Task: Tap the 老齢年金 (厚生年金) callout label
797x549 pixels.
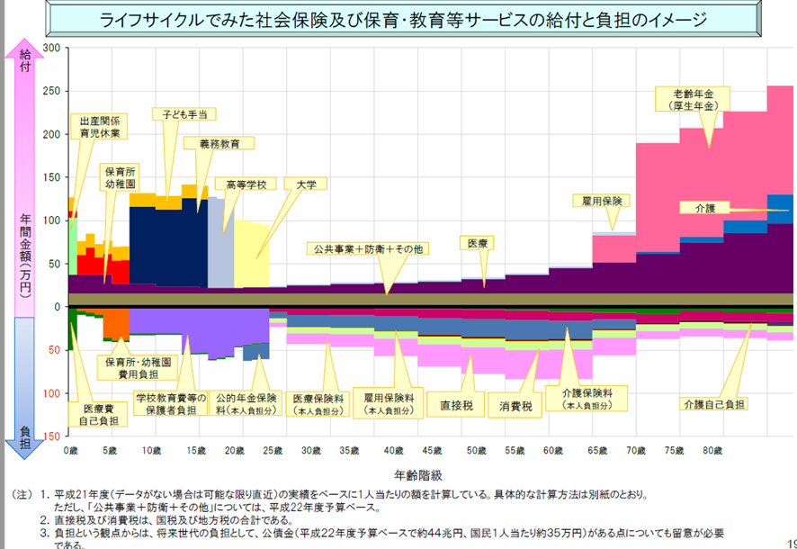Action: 694,99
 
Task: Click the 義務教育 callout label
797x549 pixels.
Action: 218,143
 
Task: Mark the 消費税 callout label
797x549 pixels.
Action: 515,407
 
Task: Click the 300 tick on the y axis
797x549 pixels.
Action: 50,49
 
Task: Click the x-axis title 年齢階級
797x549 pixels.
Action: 416,472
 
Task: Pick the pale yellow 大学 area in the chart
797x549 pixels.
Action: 252,252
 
